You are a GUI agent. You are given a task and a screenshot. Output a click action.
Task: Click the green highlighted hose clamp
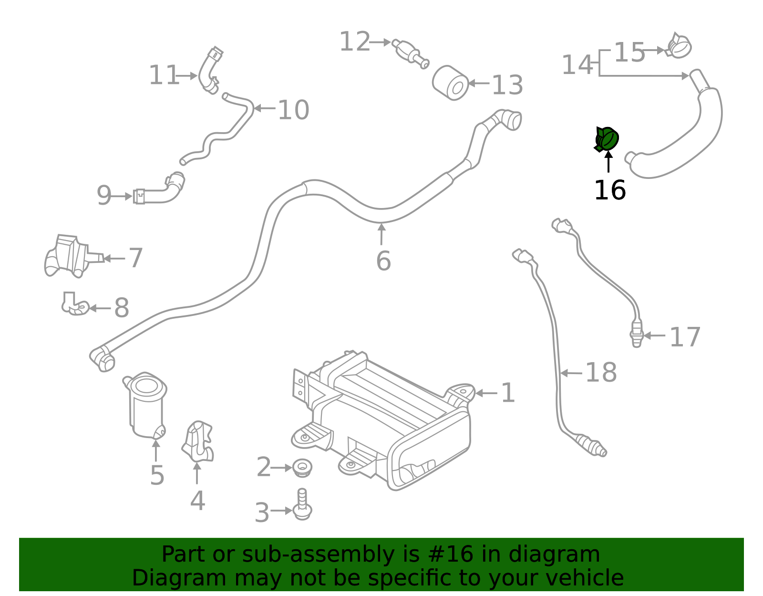click(607, 139)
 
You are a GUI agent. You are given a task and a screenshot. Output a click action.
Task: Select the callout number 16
click(609, 190)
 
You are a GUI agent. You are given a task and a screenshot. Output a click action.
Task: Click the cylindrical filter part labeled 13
click(451, 83)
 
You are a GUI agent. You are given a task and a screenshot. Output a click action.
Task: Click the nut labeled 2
click(302, 467)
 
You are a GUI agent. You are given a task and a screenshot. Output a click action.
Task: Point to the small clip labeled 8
click(74, 305)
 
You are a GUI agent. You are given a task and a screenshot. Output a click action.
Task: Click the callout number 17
click(685, 337)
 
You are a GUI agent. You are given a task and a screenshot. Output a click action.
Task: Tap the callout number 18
click(600, 372)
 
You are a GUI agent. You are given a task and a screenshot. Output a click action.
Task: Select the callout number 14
click(577, 65)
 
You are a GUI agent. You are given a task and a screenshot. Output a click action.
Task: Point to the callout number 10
click(293, 110)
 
